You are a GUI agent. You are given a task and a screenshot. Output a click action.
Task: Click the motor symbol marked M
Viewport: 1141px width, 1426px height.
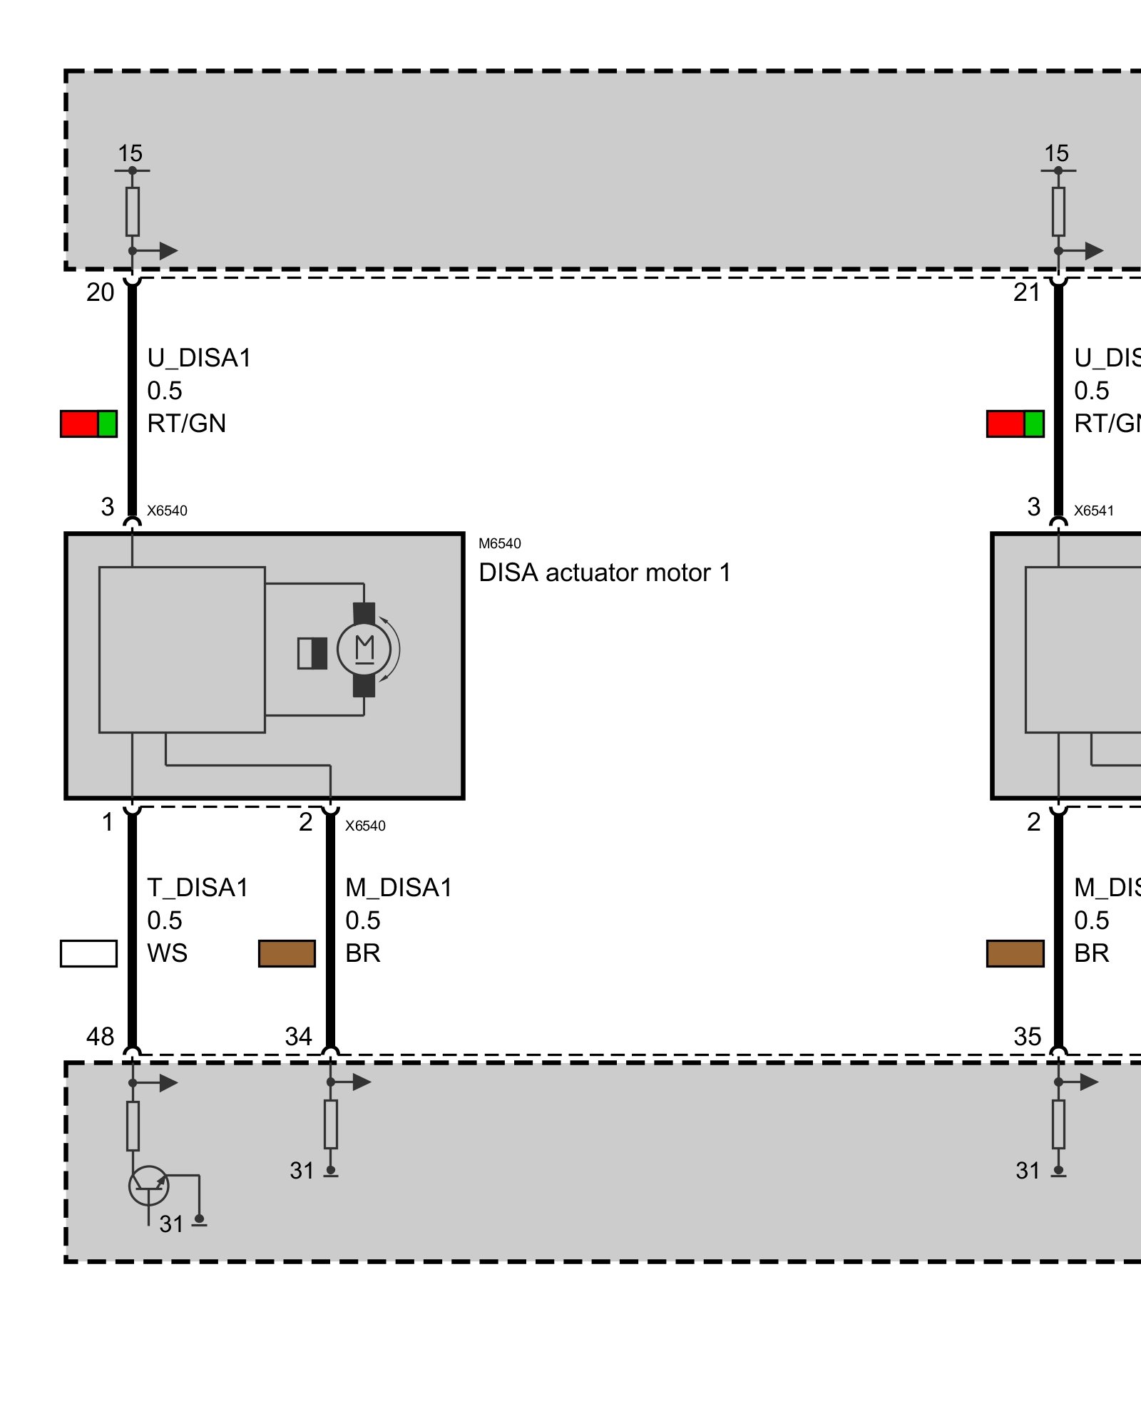click(x=364, y=649)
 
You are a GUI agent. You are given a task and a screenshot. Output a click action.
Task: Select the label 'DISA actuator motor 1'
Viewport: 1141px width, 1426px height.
click(x=605, y=573)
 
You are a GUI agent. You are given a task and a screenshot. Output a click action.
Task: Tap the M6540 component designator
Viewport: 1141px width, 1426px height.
click(x=499, y=543)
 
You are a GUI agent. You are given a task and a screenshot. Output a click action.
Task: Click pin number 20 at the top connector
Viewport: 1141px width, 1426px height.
click(x=100, y=292)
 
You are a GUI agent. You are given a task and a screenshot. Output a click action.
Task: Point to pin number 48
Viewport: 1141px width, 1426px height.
click(x=100, y=1036)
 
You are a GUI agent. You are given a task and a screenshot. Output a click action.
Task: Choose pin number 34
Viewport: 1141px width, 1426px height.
click(x=298, y=1036)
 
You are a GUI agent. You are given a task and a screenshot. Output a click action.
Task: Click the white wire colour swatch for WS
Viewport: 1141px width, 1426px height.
click(x=88, y=953)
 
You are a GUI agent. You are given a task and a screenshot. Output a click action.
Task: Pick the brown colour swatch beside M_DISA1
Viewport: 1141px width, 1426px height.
click(x=287, y=953)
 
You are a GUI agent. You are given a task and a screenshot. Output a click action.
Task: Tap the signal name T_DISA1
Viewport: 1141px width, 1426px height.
click(x=198, y=888)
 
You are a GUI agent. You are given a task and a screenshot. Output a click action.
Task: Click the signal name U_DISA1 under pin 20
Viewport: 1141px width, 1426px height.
click(x=199, y=358)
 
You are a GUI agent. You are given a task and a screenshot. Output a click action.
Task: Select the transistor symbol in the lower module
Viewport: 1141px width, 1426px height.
click(x=148, y=1186)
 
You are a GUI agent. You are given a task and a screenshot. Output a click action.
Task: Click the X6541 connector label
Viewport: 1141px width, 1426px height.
click(x=1093, y=511)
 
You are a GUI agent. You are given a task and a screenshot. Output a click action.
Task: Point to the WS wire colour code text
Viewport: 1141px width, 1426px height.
click(x=167, y=953)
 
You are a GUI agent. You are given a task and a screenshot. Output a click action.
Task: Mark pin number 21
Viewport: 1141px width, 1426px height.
click(x=1026, y=292)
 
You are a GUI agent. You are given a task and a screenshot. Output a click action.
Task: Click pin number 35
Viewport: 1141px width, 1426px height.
click(x=1027, y=1036)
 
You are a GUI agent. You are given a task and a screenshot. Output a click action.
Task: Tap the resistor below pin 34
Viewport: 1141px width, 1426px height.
click(x=331, y=1124)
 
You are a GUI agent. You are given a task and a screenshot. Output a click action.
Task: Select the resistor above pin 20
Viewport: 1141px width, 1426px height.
click(x=133, y=212)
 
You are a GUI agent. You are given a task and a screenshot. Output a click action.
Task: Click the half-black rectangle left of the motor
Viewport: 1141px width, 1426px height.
click(x=312, y=653)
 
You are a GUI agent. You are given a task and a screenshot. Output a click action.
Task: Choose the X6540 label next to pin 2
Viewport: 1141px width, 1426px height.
click(x=365, y=826)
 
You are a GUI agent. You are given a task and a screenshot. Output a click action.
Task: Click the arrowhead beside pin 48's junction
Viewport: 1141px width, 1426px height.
click(x=168, y=1083)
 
